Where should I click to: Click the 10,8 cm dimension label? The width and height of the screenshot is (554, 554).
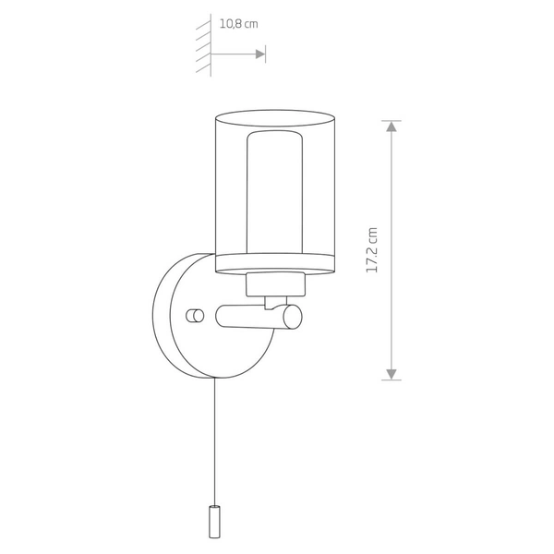pyautogui.click(x=239, y=24)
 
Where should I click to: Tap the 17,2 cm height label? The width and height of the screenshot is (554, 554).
pyautogui.click(x=372, y=250)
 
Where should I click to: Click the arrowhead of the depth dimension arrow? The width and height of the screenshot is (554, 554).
pyautogui.click(x=260, y=54)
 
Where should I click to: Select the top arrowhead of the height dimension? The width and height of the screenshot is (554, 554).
pyautogui.click(x=391, y=126)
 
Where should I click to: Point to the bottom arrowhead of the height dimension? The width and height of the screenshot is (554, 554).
pyautogui.click(x=391, y=375)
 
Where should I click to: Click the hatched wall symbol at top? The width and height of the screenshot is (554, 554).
pyautogui.click(x=204, y=45)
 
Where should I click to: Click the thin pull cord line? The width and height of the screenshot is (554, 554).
pyautogui.click(x=214, y=441)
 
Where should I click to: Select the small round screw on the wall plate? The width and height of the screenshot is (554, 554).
pyautogui.click(x=195, y=316)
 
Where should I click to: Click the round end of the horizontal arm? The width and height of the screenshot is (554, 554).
pyautogui.click(x=293, y=317)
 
